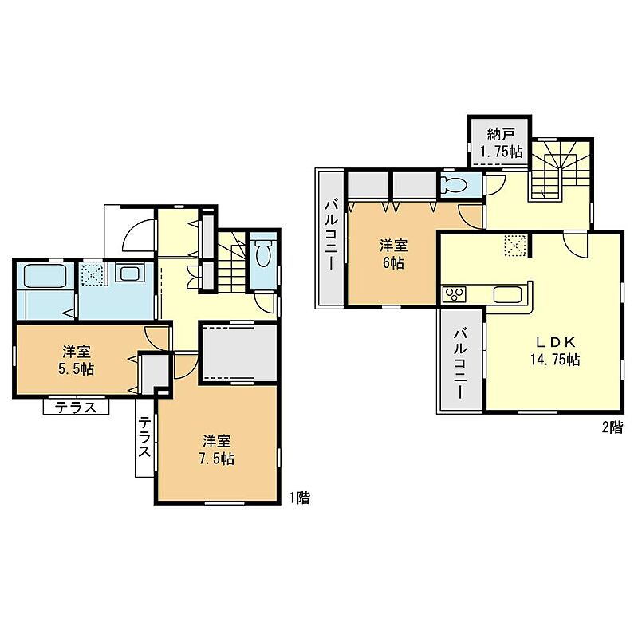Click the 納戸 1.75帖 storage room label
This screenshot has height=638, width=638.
tap(502, 143)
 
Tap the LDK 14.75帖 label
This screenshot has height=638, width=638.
tap(555, 351)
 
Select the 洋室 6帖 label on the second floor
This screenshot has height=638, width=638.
tap(393, 254)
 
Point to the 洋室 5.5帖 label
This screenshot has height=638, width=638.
tap(77, 360)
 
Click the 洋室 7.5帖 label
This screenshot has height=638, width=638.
tap(216, 450)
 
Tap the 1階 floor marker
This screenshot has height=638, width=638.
tap(300, 498)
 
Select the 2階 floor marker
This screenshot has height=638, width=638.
tap(612, 427)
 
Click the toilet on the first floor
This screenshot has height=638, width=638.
tap(263, 253)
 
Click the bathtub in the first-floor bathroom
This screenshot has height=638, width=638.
tap(45, 276)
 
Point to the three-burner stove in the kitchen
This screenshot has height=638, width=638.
tap(454, 293)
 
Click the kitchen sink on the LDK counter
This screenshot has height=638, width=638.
tap(507, 294)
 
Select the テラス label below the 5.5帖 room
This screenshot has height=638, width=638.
tap(76, 407)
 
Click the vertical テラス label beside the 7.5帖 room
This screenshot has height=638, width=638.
tap(145, 437)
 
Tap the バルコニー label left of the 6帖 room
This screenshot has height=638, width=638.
tap(331, 237)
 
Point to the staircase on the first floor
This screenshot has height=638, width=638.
tap(232, 262)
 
